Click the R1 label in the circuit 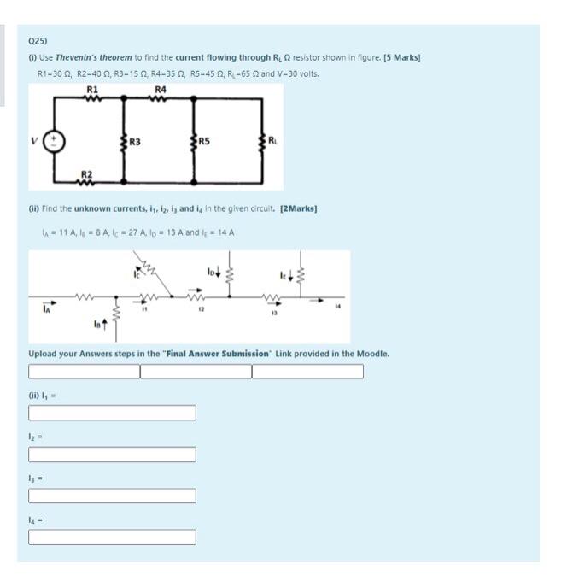click(92, 89)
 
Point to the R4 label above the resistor click(161, 89)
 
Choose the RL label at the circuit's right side click(272, 140)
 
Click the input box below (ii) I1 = click(113, 414)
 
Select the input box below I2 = click(113, 455)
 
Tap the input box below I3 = click(113, 496)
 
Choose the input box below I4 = click(113, 537)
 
